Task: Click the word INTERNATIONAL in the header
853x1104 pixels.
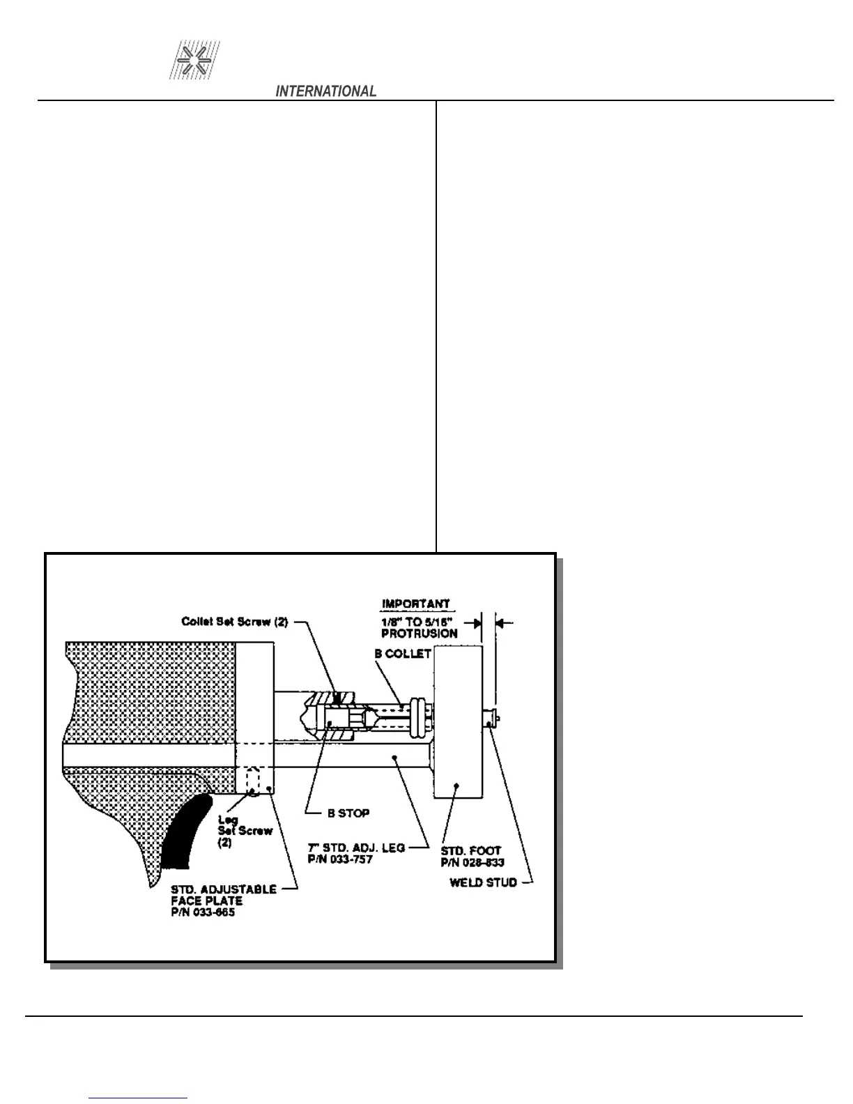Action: [326, 91]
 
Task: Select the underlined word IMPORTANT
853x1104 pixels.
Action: [416, 604]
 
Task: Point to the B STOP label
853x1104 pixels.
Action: [348, 813]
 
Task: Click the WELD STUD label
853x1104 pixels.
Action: [484, 882]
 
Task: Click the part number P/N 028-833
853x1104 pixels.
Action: [472, 863]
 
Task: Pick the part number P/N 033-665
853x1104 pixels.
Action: [203, 912]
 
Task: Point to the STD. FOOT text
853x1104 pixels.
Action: [471, 851]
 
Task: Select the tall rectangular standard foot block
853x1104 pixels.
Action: [458, 721]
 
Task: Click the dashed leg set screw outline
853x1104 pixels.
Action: [253, 780]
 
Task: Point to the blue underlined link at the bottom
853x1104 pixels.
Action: [138, 1098]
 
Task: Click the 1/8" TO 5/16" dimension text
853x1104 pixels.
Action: [420, 622]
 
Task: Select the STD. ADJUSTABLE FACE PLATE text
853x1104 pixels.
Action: [223, 895]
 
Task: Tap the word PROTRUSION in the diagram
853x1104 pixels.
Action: [420, 634]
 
